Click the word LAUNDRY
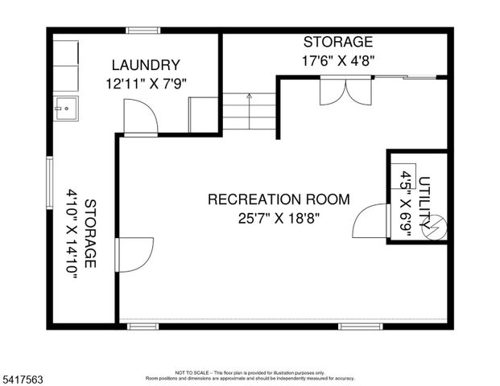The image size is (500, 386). click(x=145, y=65)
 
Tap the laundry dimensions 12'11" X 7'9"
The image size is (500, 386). click(x=145, y=82)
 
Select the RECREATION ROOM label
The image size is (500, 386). click(x=279, y=199)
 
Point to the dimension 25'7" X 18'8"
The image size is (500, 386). click(x=279, y=218)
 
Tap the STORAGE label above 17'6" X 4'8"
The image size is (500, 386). click(x=337, y=42)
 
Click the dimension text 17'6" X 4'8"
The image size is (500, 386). click(x=337, y=60)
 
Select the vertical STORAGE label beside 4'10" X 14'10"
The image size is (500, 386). click(x=90, y=234)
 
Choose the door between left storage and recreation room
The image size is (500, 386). click(x=134, y=254)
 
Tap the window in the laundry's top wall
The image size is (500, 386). click(x=143, y=31)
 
